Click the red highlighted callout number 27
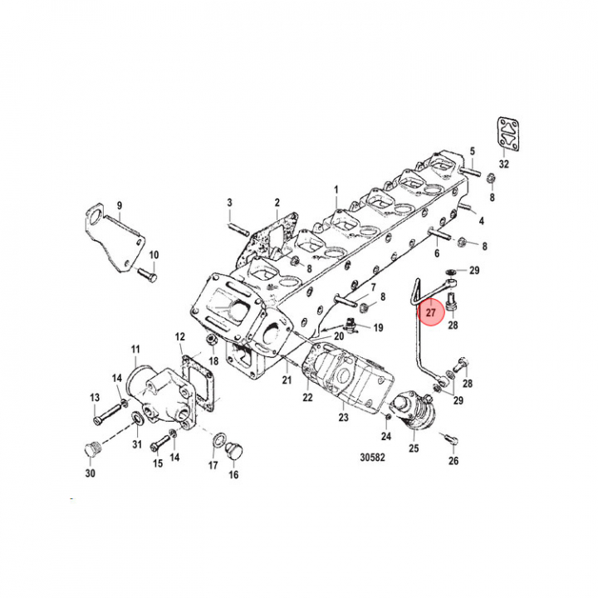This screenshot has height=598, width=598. [x=430, y=313]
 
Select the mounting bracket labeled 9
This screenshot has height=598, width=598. [x=115, y=241]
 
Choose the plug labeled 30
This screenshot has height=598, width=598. [x=91, y=451]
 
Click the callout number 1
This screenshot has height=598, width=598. [x=337, y=190]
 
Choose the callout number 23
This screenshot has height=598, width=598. [x=343, y=418]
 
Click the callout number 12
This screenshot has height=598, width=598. [x=180, y=336]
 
